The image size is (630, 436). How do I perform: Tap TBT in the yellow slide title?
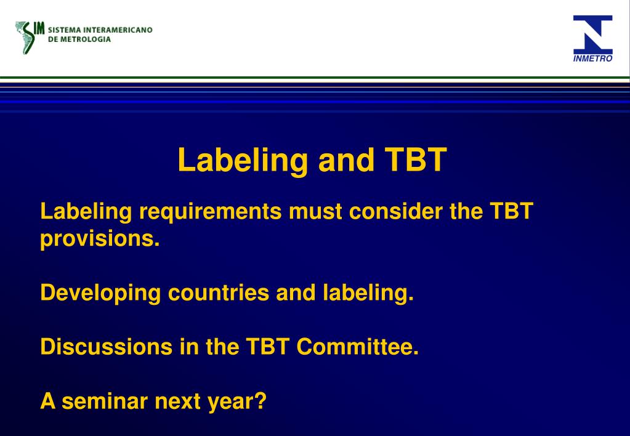coord(416,160)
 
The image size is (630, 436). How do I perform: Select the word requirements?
coord(211,212)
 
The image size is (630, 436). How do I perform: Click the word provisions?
coord(100,239)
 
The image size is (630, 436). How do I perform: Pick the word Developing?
coord(100,293)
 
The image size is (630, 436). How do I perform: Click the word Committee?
coord(357,347)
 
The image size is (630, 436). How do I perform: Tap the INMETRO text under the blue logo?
coord(592,59)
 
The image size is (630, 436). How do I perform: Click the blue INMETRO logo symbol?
coord(592,34)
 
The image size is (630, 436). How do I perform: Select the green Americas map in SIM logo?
coord(26,37)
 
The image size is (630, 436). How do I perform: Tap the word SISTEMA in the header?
coord(64,30)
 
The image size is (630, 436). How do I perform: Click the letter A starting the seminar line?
coord(47,402)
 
